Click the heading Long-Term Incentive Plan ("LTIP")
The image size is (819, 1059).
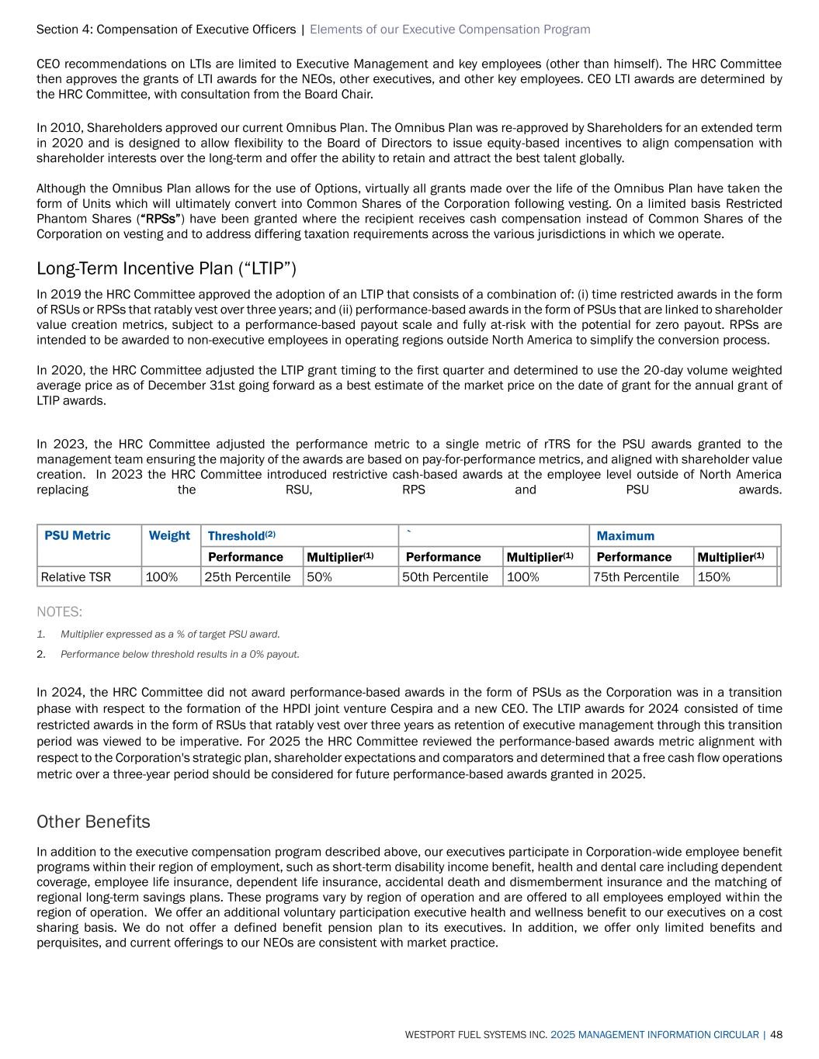(x=167, y=268)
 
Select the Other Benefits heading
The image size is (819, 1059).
(x=93, y=822)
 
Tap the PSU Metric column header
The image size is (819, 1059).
(x=78, y=535)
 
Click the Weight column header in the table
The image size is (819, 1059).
(x=169, y=535)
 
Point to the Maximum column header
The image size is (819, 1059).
(x=626, y=536)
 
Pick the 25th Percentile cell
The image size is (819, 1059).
(x=248, y=577)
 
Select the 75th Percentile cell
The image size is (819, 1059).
(x=637, y=577)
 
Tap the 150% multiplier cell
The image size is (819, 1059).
(x=714, y=577)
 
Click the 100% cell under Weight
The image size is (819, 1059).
(x=162, y=577)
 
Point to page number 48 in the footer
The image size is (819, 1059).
(x=776, y=1035)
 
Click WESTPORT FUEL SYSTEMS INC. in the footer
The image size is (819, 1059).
(x=476, y=1035)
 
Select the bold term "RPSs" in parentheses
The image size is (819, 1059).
(x=159, y=218)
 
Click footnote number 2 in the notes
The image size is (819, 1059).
(x=40, y=654)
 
